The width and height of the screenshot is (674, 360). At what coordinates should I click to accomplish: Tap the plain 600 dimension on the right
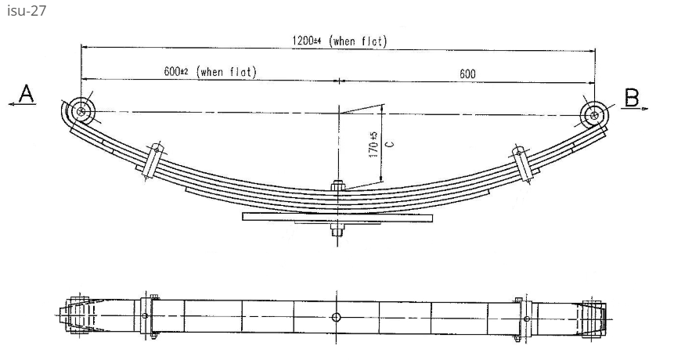coord(467,74)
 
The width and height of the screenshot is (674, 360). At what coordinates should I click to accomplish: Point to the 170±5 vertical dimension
coord(373,145)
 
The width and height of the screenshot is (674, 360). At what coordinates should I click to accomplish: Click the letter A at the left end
coord(27,95)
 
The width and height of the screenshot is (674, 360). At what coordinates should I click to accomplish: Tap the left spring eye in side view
coord(81,111)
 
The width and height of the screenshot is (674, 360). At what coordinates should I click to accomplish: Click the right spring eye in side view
coord(594,116)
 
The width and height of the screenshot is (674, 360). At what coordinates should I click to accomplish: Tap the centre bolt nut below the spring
coord(337,231)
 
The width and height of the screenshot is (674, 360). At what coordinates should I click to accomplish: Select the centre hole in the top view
coord(336,317)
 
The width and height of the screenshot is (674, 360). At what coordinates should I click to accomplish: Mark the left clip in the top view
coord(146,316)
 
